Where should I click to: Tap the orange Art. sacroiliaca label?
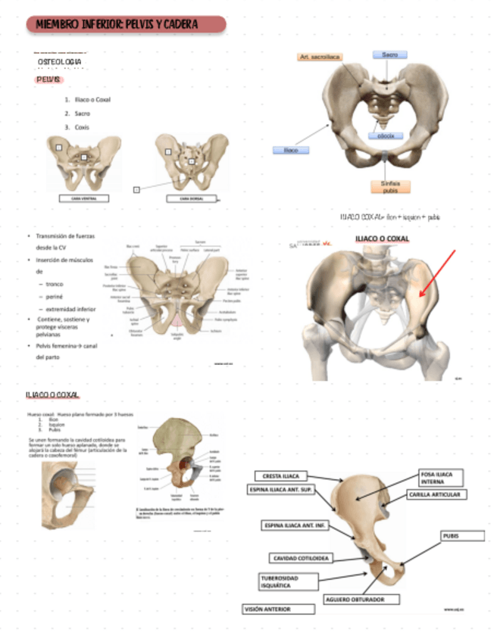320,57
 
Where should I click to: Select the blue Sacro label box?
389,55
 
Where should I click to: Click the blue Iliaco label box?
291,150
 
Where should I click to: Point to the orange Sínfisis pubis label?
391,187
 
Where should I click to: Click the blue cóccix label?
390,136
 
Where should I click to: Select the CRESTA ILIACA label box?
280,476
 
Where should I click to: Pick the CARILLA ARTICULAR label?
437,494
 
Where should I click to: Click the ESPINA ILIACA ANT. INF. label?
294,524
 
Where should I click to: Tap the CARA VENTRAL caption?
83,198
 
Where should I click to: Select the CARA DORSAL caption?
190,198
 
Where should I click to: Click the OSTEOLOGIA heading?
60,61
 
